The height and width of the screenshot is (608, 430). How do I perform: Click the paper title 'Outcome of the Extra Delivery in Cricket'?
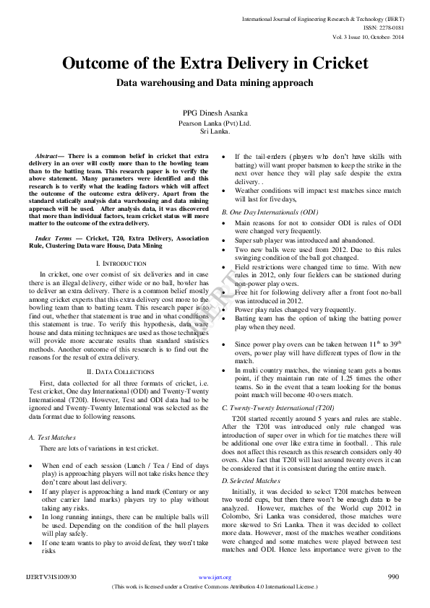tap(215, 63)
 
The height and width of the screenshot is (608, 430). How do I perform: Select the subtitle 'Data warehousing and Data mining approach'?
tap(215, 83)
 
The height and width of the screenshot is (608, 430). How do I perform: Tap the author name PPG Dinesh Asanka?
tap(215, 113)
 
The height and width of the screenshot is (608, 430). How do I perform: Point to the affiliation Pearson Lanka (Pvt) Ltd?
tap(215, 123)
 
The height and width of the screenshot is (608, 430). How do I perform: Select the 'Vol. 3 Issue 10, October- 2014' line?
tap(368, 35)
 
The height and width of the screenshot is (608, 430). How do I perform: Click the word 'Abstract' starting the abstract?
tap(49, 157)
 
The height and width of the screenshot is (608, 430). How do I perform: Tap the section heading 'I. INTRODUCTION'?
tap(117, 264)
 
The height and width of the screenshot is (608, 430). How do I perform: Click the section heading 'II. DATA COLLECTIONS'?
tap(117, 371)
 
